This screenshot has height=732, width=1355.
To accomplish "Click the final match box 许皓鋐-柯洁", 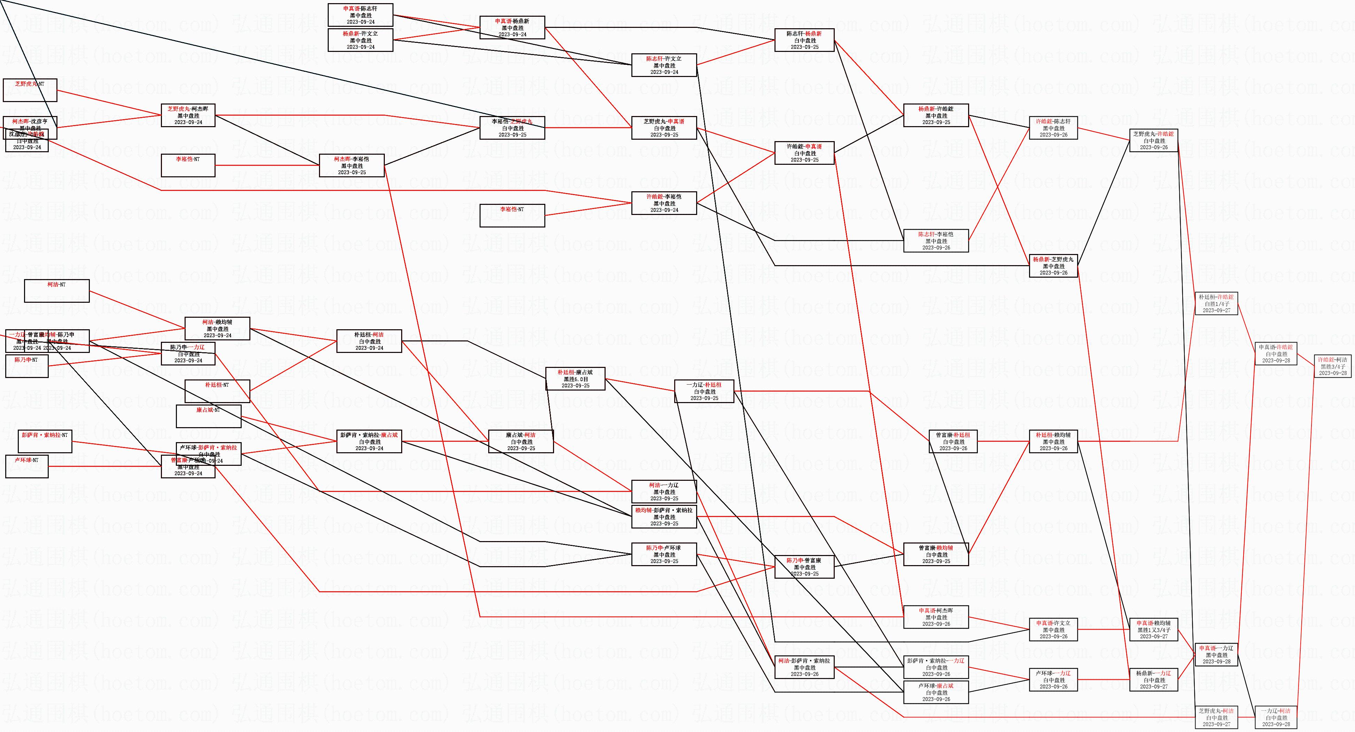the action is [1332, 366].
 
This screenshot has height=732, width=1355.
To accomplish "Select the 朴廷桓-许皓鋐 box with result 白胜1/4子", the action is [1216, 304].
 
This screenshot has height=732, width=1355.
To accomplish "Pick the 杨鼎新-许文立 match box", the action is [360, 40].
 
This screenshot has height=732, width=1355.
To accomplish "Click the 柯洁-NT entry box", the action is [57, 291].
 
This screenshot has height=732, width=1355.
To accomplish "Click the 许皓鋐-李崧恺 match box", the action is [664, 203].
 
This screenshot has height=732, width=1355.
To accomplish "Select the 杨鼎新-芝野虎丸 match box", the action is [1053, 266].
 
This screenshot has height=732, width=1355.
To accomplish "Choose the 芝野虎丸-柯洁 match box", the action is [1216, 717].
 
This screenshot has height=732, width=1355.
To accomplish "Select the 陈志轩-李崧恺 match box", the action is [936, 240].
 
